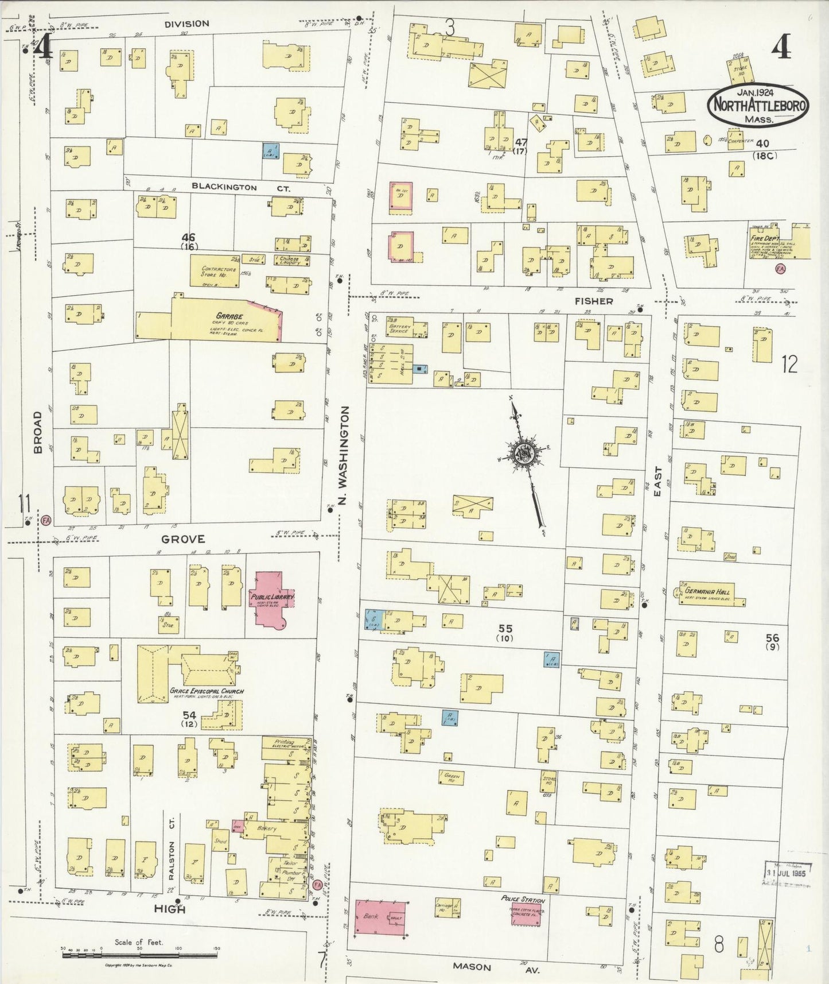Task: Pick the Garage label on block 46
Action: coord(229,316)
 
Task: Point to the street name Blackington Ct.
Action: coord(241,187)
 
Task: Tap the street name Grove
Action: coord(182,539)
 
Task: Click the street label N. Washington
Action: coord(344,455)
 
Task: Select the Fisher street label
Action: coord(594,301)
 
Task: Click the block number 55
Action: coord(505,629)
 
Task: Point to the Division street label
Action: coord(186,24)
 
